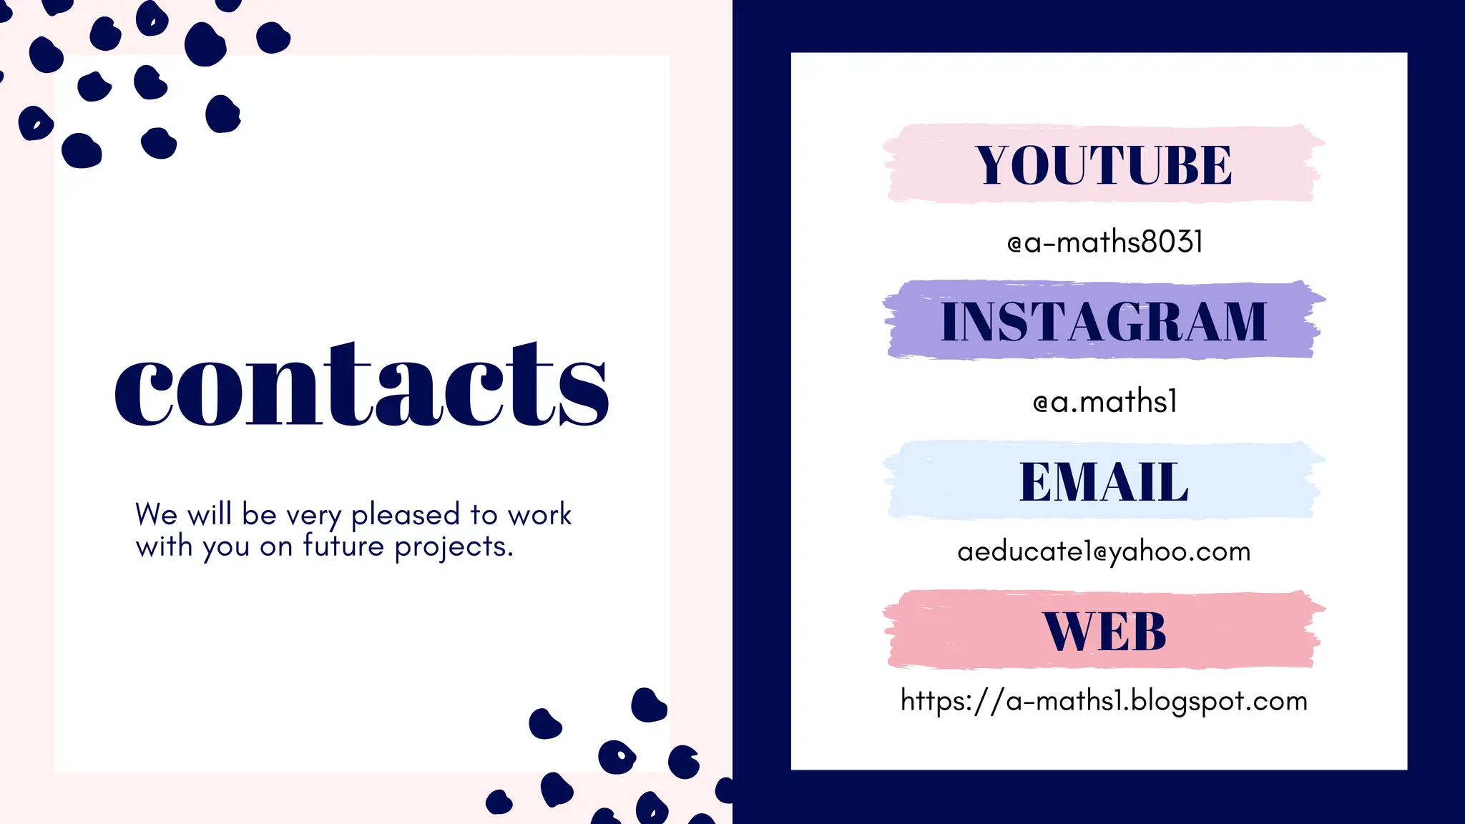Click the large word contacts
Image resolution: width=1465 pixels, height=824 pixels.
click(x=362, y=386)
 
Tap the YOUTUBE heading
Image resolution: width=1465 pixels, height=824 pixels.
click(x=1104, y=165)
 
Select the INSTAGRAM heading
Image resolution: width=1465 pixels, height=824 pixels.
click(x=1104, y=322)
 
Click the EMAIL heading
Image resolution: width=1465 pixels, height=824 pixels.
click(x=1104, y=482)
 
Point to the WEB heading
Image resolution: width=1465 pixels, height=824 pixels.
click(x=1104, y=632)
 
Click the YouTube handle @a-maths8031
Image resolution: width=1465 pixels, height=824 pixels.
click(x=1104, y=242)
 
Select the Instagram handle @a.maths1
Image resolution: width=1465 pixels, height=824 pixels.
click(x=1104, y=402)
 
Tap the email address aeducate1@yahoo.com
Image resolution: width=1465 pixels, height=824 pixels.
click(x=1104, y=551)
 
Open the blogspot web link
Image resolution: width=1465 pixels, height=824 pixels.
click(x=1104, y=701)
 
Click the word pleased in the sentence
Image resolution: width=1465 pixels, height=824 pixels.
click(x=406, y=515)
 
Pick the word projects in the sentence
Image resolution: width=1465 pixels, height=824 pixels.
click(x=454, y=547)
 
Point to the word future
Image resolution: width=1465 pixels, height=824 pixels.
click(x=344, y=546)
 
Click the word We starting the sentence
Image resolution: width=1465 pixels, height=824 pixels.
click(x=157, y=514)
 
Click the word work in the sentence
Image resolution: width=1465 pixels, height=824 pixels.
click(x=540, y=514)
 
